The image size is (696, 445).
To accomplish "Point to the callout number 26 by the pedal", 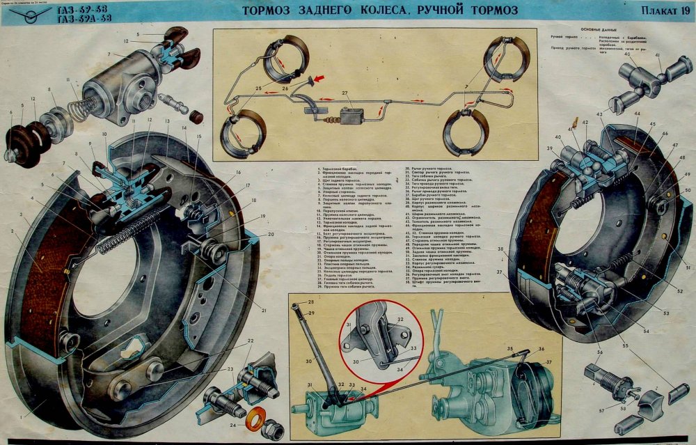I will pyautogui.click(x=285, y=89).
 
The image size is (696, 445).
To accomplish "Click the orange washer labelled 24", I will pyautogui.click(x=255, y=422).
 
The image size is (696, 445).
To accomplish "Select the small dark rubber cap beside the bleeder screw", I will pyautogui.click(x=196, y=116).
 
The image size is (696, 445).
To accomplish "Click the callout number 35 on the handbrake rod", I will pyautogui.click(x=509, y=346).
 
